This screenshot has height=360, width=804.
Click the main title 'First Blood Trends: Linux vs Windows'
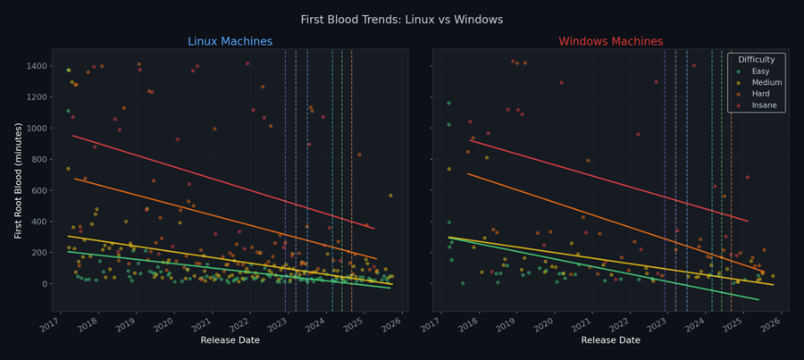[401, 20]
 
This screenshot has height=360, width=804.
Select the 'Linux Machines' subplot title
[230, 42]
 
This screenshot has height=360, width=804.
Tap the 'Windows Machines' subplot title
[610, 42]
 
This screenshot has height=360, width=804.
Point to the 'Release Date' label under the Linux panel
[230, 340]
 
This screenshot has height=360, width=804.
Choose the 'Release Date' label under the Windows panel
[610, 340]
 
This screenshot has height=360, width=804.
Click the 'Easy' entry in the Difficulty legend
[761, 71]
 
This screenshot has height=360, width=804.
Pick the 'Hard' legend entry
[761, 95]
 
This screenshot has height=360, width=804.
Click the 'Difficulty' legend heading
[756, 59]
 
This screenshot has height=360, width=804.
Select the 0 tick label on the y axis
[46, 284]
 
